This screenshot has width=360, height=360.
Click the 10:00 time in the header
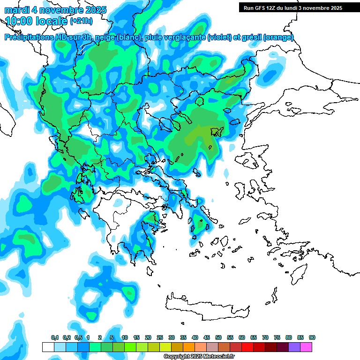[x=20, y=21]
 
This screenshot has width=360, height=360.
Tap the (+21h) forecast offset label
[x=82, y=21]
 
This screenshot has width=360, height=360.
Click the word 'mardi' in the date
[x=16, y=10]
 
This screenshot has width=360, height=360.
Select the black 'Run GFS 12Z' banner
[x=293, y=8]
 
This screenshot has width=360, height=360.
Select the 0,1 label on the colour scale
[x=54, y=337]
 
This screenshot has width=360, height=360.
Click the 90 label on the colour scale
[x=312, y=337]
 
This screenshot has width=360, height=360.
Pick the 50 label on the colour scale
[x=218, y=337]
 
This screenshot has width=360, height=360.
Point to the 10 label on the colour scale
[x=125, y=337]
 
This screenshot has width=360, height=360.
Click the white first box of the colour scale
[x=48, y=347]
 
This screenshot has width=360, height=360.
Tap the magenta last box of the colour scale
[x=306, y=347]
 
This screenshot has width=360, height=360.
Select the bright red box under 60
[x=247, y=347]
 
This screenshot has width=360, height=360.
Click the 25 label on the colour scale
[x=160, y=337]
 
